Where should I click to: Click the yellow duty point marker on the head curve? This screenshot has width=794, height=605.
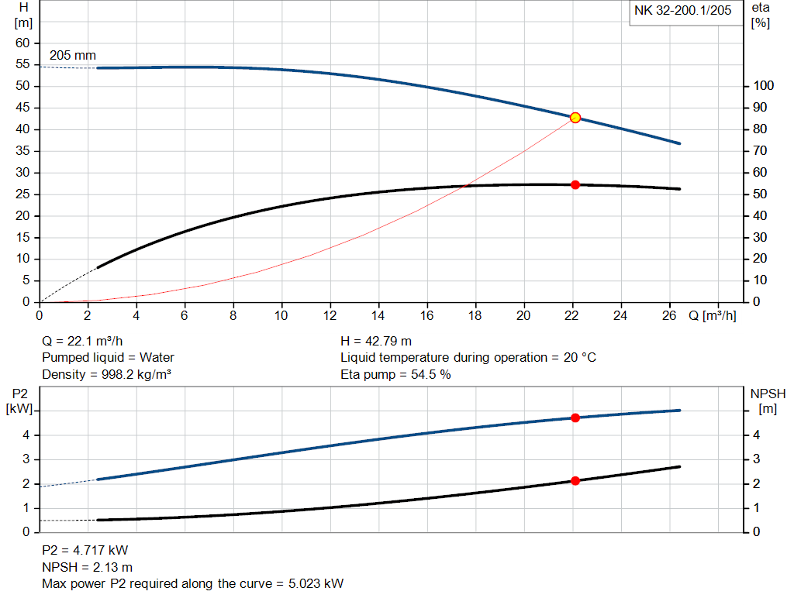(575, 118)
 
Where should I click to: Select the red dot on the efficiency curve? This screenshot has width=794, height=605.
(575, 184)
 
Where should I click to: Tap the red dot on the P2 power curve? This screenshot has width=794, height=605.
(575, 418)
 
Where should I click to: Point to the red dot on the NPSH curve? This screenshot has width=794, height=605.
(575, 481)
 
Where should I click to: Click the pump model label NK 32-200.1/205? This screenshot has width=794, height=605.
(682, 11)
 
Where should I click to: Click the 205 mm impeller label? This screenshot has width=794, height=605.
(73, 56)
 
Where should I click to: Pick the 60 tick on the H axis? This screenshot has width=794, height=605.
(22, 43)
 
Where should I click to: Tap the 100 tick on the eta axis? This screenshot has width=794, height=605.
(764, 86)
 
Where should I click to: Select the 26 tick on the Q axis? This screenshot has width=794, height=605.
(669, 316)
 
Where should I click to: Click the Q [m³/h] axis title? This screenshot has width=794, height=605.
(712, 316)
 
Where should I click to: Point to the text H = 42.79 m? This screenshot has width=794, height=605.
(376, 341)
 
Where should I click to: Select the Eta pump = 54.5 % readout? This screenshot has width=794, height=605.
(395, 375)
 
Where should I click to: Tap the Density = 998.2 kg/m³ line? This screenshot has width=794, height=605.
(106, 375)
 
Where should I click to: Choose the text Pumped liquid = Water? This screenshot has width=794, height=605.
(108, 358)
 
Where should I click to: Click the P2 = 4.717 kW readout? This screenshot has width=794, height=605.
(85, 551)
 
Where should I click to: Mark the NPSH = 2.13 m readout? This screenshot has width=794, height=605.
(87, 567)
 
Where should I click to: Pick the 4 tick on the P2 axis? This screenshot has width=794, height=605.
(26, 435)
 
